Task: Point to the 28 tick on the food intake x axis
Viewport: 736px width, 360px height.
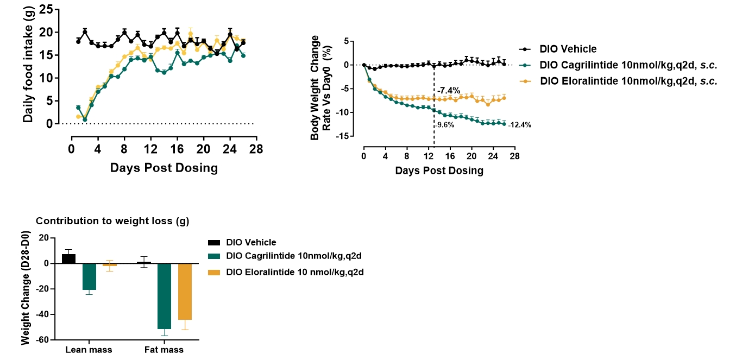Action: click(256, 149)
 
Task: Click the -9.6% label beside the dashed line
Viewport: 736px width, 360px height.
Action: click(444, 125)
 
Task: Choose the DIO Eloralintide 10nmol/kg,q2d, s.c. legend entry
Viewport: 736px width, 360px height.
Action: click(629, 81)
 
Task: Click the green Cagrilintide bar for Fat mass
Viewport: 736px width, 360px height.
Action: click(165, 296)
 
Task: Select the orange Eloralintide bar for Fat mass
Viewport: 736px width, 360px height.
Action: click(185, 292)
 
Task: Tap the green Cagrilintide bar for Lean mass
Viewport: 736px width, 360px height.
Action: click(89, 276)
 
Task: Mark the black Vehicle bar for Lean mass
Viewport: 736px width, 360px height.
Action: click(68, 258)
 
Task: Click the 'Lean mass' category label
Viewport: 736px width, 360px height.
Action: click(89, 350)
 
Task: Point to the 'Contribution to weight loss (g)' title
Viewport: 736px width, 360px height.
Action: click(112, 222)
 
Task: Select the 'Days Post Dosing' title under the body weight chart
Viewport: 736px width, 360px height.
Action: click(439, 170)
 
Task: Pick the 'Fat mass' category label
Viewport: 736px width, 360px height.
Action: click(164, 350)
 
